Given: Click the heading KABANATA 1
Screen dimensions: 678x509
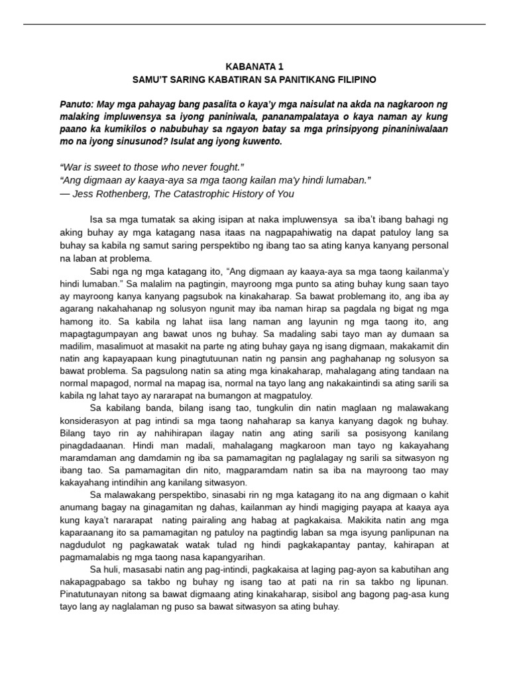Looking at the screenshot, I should (x=254, y=67).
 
